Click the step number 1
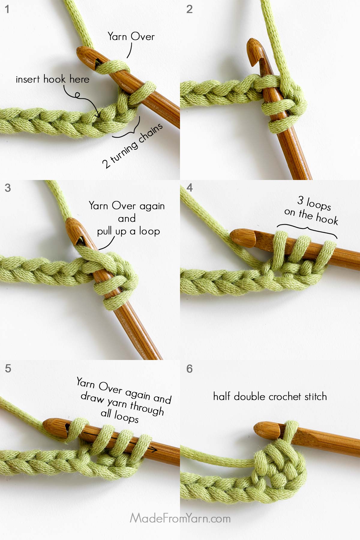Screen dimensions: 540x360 point(7,9)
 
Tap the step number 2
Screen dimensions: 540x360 point(189,9)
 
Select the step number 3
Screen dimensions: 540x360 point(8,188)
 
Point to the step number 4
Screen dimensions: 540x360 point(189,188)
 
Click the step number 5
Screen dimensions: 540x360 point(8,368)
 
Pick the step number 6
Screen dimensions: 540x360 point(189,369)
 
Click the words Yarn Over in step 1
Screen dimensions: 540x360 point(131,37)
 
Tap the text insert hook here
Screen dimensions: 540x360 point(52,79)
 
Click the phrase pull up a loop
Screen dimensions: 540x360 point(128,231)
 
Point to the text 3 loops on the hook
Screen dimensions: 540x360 point(312,210)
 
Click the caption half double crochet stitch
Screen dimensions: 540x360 point(270,397)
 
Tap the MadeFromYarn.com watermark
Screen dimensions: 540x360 point(180,518)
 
